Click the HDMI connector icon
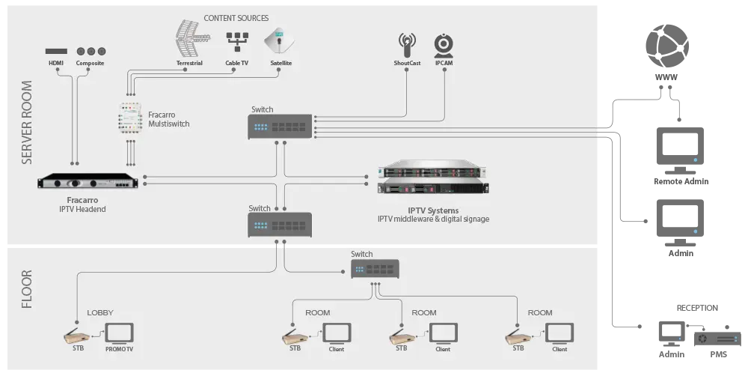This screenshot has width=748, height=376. [56, 51]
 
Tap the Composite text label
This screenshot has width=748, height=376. [91, 64]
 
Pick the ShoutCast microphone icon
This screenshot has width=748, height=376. [407, 44]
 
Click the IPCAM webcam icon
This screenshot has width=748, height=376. [444, 44]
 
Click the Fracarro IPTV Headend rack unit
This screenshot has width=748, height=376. [89, 183]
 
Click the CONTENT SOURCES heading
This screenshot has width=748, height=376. [236, 18]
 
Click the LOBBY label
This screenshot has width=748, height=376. [100, 312]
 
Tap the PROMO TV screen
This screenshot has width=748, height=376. [118, 333]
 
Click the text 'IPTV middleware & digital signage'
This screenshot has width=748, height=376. [433, 219]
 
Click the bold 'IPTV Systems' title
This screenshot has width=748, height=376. [433, 210]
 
